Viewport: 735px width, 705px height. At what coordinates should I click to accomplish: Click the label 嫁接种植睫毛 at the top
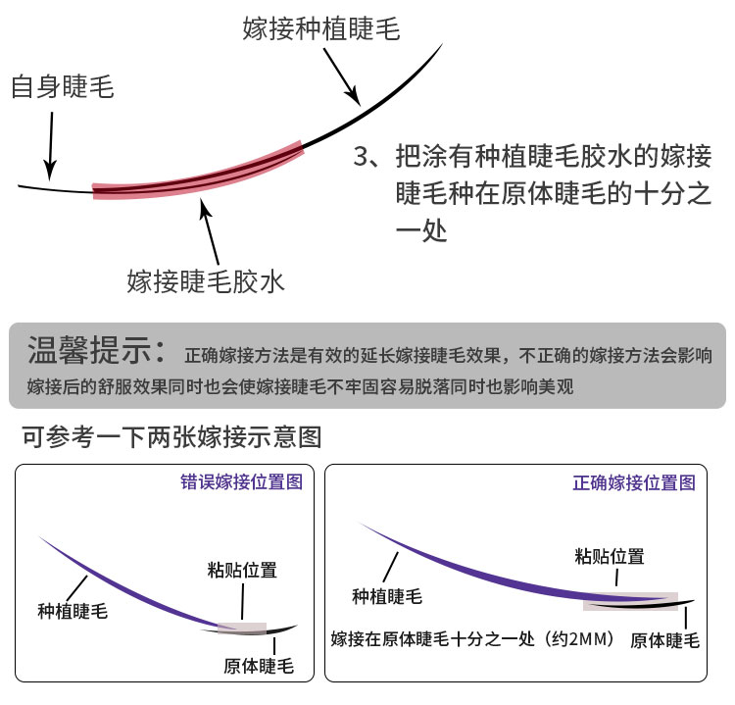coord(321,28)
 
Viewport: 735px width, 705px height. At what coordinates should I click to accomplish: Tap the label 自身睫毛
coord(63,86)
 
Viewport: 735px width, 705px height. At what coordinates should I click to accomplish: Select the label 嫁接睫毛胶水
coord(206,282)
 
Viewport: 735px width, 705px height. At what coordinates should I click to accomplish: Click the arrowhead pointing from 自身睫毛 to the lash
coord(49,171)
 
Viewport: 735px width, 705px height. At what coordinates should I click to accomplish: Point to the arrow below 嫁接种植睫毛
coord(342,76)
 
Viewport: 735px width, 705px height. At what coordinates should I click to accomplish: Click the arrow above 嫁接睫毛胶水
coord(209,231)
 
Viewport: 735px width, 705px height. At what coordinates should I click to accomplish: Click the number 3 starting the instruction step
coord(362,156)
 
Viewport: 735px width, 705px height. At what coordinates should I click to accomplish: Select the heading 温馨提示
coord(96,350)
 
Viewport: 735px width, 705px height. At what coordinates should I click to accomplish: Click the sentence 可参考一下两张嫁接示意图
coord(171,437)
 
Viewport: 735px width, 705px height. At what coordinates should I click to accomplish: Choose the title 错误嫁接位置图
coord(242,481)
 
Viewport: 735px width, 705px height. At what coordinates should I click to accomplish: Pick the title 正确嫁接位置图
coord(634,482)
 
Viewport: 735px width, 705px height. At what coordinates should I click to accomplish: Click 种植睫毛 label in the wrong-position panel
coord(73,611)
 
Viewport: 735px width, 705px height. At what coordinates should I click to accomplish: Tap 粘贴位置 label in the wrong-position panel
coord(242,570)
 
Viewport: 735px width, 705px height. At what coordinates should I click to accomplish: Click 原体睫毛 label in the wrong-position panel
coord(259,666)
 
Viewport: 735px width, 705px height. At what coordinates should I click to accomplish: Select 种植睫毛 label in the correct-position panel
coord(387,596)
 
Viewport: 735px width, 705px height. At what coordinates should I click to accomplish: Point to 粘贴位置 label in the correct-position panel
coord(610,556)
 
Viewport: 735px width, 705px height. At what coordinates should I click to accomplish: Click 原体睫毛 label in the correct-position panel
coord(664,640)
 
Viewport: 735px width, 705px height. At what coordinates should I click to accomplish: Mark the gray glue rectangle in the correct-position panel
coord(630,601)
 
